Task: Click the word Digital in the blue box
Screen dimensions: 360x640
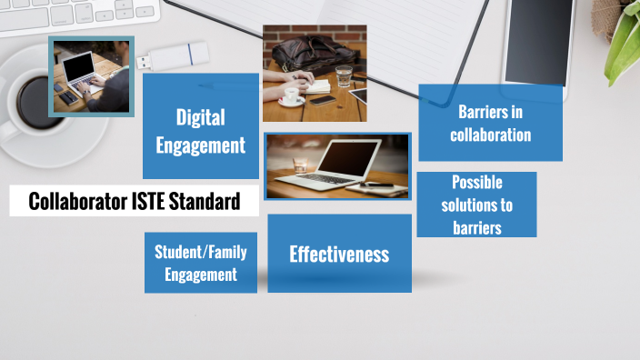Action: pyautogui.click(x=201, y=117)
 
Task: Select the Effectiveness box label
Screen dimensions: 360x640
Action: pyautogui.click(x=339, y=255)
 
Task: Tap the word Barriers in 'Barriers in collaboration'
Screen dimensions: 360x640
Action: pyautogui.click(x=489, y=112)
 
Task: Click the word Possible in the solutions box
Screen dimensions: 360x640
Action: pyautogui.click(x=477, y=182)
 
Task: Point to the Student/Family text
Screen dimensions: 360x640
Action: pyautogui.click(x=200, y=252)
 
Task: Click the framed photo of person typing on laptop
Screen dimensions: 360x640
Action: pyautogui.click(x=91, y=76)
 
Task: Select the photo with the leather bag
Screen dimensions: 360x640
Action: pyautogui.click(x=315, y=73)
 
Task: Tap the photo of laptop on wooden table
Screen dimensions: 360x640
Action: pyautogui.click(x=337, y=166)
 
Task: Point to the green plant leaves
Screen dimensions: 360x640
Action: pyautogui.click(x=624, y=36)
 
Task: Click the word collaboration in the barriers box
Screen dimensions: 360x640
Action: pyautogui.click(x=490, y=135)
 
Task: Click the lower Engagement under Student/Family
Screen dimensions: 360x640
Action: pyautogui.click(x=201, y=274)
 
